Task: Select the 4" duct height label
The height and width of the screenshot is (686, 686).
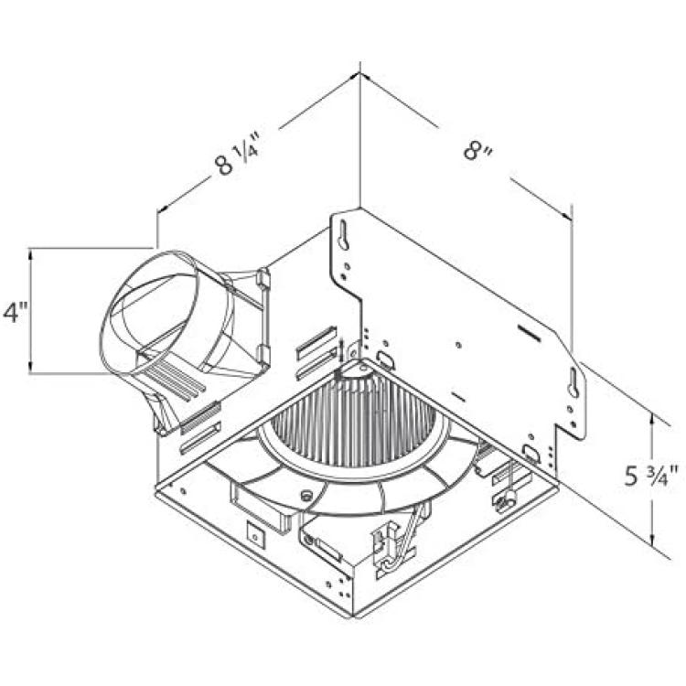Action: click(x=16, y=312)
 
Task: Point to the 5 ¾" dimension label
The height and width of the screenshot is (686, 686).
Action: click(x=651, y=476)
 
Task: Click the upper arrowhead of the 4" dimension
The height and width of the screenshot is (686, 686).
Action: click(x=30, y=254)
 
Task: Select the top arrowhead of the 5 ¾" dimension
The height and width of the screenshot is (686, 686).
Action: click(x=652, y=419)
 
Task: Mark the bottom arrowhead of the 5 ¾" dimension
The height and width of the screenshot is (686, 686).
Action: click(x=652, y=541)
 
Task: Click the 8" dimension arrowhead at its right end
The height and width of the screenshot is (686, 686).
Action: click(x=567, y=214)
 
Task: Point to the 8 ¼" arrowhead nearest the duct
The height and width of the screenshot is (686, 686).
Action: click(x=164, y=209)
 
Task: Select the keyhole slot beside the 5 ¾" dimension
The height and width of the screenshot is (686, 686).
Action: click(x=573, y=382)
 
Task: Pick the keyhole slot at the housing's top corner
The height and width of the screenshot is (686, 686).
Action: click(x=343, y=235)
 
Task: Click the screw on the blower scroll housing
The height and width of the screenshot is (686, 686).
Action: click(x=305, y=495)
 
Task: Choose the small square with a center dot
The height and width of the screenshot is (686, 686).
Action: click(x=255, y=535)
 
